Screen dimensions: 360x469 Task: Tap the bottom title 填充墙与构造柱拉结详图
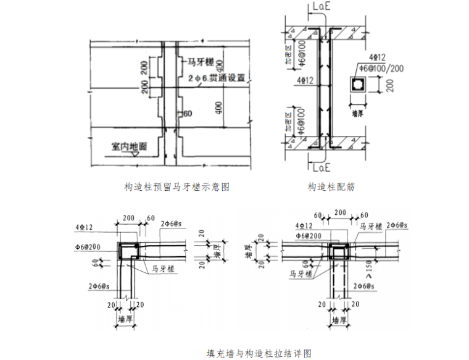click(259, 353)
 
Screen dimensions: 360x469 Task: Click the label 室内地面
click(129, 146)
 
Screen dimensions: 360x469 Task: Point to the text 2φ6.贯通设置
click(212, 78)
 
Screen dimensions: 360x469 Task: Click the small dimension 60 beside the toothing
click(188, 113)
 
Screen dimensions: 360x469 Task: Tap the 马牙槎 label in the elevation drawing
click(201, 62)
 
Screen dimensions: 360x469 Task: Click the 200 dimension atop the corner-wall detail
click(129, 218)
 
